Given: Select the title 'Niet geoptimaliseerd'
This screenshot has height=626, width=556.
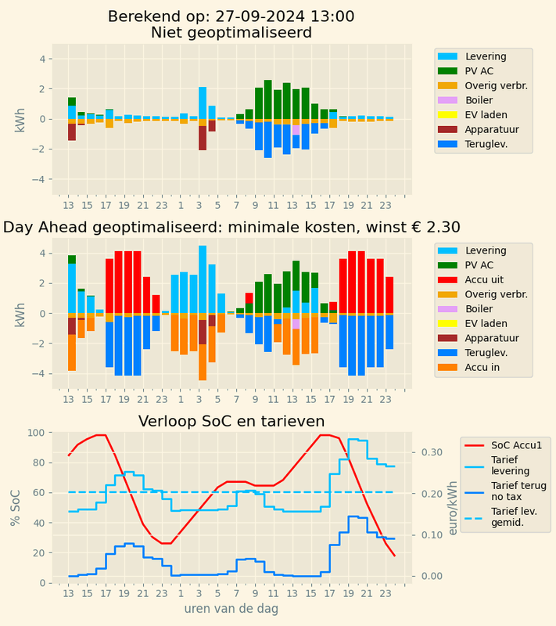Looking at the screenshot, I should tap(231, 33).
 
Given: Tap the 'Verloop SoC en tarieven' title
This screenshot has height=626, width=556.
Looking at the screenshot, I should tap(231, 421).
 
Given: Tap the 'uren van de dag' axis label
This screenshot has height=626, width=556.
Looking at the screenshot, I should tap(231, 608).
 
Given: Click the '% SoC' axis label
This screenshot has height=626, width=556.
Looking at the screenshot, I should tap(16, 507).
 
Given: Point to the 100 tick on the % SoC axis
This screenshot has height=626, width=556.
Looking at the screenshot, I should tap(37, 433).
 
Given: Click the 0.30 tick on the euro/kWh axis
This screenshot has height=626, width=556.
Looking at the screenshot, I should tap(432, 452).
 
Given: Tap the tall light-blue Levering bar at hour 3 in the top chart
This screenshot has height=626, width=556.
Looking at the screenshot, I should tap(203, 102).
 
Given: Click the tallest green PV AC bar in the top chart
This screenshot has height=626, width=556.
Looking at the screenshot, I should tap(267, 99).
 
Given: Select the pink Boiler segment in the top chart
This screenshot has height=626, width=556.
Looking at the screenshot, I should tap(296, 130).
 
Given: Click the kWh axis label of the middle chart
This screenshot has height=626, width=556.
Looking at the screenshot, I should tap(20, 313).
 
